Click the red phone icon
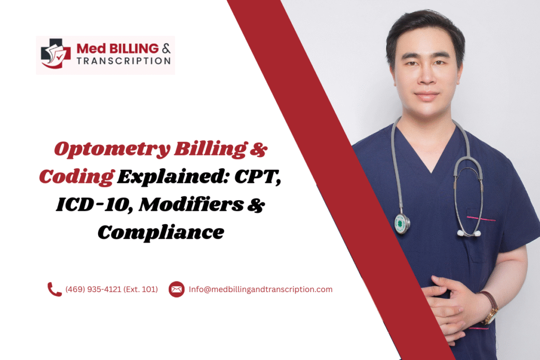(x=54, y=289)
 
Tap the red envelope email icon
(x=176, y=289)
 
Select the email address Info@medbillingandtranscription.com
(x=261, y=289)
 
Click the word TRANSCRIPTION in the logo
(x=123, y=61)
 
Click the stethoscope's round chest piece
(x=402, y=223)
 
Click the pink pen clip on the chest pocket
(x=481, y=218)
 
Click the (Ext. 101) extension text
(x=140, y=289)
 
